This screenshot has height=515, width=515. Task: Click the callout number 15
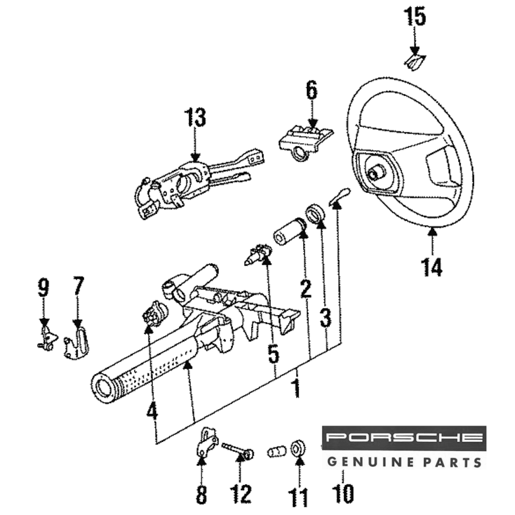pyautogui.click(x=415, y=18)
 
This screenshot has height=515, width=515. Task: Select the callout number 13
pyautogui.click(x=195, y=118)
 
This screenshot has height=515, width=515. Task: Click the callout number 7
pyautogui.click(x=78, y=286)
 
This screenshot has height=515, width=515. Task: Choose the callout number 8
pyautogui.click(x=201, y=495)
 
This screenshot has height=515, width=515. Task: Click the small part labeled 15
pyautogui.click(x=415, y=61)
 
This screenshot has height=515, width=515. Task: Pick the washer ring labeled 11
pyautogui.click(x=297, y=447)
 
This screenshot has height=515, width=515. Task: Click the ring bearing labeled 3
pyautogui.click(x=315, y=213)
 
